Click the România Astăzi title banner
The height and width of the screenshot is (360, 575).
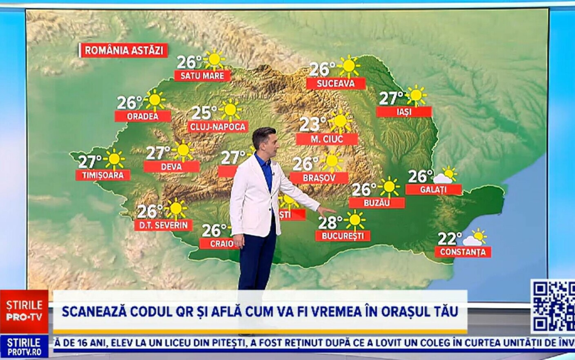coord(124,50)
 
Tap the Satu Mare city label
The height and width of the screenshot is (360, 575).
coord(202,76)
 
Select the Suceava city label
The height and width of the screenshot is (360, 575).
coord(336,84)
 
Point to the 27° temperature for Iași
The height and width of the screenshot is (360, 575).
coord(391,98)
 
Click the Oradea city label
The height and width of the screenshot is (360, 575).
coord(143,116)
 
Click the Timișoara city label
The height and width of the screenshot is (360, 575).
coord(103,175)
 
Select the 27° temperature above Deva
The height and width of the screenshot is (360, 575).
coord(158,153)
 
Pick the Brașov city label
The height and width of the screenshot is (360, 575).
coord(319,178)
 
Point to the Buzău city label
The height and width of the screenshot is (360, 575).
coord(377,203)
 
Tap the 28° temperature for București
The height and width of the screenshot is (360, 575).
coord(330,222)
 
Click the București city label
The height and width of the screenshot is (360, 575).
coord(343,236)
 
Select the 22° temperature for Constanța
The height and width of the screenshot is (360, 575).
coord(450,238)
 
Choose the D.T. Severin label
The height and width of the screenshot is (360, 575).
coord(163,225)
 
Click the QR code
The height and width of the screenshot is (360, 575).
coord(553,306)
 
